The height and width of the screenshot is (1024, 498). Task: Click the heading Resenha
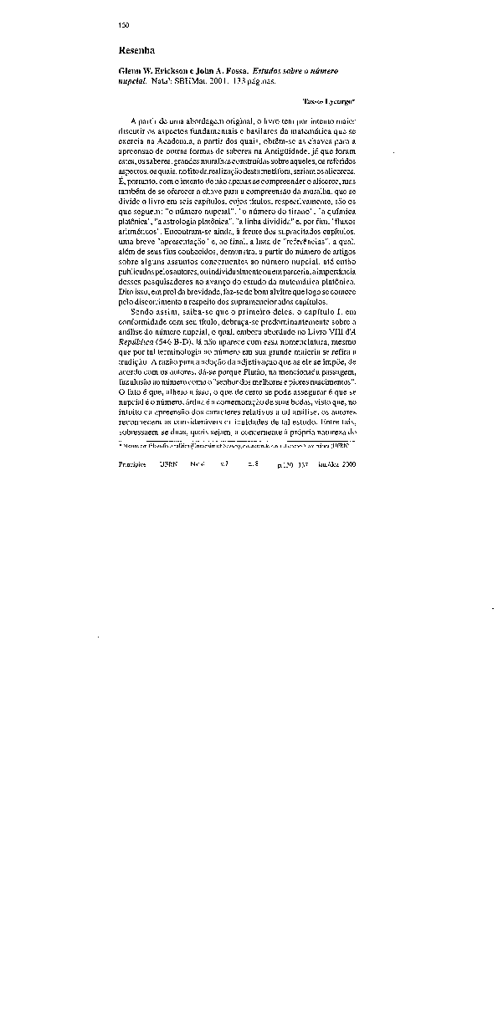coord(137,51)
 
